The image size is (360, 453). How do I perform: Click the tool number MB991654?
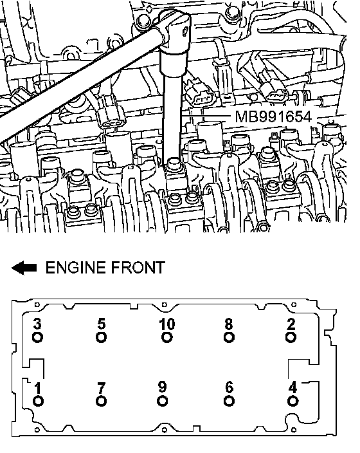pos(273,116)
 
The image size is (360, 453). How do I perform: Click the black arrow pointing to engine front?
pos(24,268)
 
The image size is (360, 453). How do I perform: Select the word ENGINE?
pos(75,268)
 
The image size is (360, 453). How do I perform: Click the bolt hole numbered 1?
pos(38,401)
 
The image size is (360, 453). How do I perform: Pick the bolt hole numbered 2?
pos(291,337)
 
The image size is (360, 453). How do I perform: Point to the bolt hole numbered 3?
pos(37,337)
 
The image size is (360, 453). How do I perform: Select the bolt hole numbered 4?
pos(292,401)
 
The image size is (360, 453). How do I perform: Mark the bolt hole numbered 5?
pos(101,337)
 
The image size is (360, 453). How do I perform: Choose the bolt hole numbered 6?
pos(229,401)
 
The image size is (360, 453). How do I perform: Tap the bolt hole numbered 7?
pos(101,401)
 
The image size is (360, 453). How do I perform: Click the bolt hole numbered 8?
pos(229,337)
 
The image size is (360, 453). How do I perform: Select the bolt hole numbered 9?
pos(163,401)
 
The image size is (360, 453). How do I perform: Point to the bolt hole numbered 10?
pos(167,337)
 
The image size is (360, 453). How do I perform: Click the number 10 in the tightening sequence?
pos(167,324)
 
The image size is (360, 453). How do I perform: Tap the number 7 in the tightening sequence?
pos(101,388)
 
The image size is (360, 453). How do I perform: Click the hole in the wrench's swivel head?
pos(185,30)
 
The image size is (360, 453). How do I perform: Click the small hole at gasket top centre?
pos(165,304)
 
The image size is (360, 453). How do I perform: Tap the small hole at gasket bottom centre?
pos(165,430)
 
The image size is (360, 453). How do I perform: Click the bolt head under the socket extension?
pos(174,163)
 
